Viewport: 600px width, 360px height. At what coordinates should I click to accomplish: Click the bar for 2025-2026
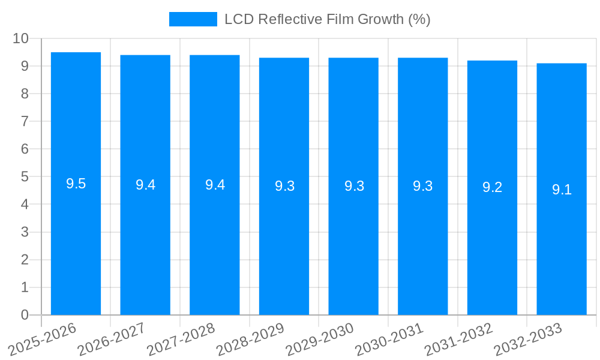click(x=76, y=240)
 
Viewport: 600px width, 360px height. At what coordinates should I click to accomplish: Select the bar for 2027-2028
click(x=215, y=240)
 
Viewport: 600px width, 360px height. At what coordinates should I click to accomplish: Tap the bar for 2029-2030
click(x=353, y=240)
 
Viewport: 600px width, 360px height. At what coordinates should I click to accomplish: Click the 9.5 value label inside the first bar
click(x=76, y=184)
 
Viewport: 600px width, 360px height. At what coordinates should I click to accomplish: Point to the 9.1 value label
click(x=562, y=190)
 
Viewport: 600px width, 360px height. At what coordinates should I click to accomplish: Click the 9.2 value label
click(x=492, y=187)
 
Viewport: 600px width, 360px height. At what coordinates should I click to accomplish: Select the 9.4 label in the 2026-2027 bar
click(x=145, y=185)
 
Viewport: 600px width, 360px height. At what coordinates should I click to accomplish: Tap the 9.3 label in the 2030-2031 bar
click(x=422, y=186)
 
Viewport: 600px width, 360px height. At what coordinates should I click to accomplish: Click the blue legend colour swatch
click(x=193, y=19)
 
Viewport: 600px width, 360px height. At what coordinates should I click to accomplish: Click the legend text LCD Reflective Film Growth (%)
click(x=328, y=19)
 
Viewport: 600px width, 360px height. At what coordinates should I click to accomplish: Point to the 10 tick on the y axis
click(x=21, y=38)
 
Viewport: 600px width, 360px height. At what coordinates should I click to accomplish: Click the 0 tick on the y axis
click(x=25, y=315)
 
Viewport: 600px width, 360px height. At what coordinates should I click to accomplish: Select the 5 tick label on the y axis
click(x=25, y=177)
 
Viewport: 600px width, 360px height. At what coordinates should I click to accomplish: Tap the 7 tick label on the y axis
click(x=25, y=121)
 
